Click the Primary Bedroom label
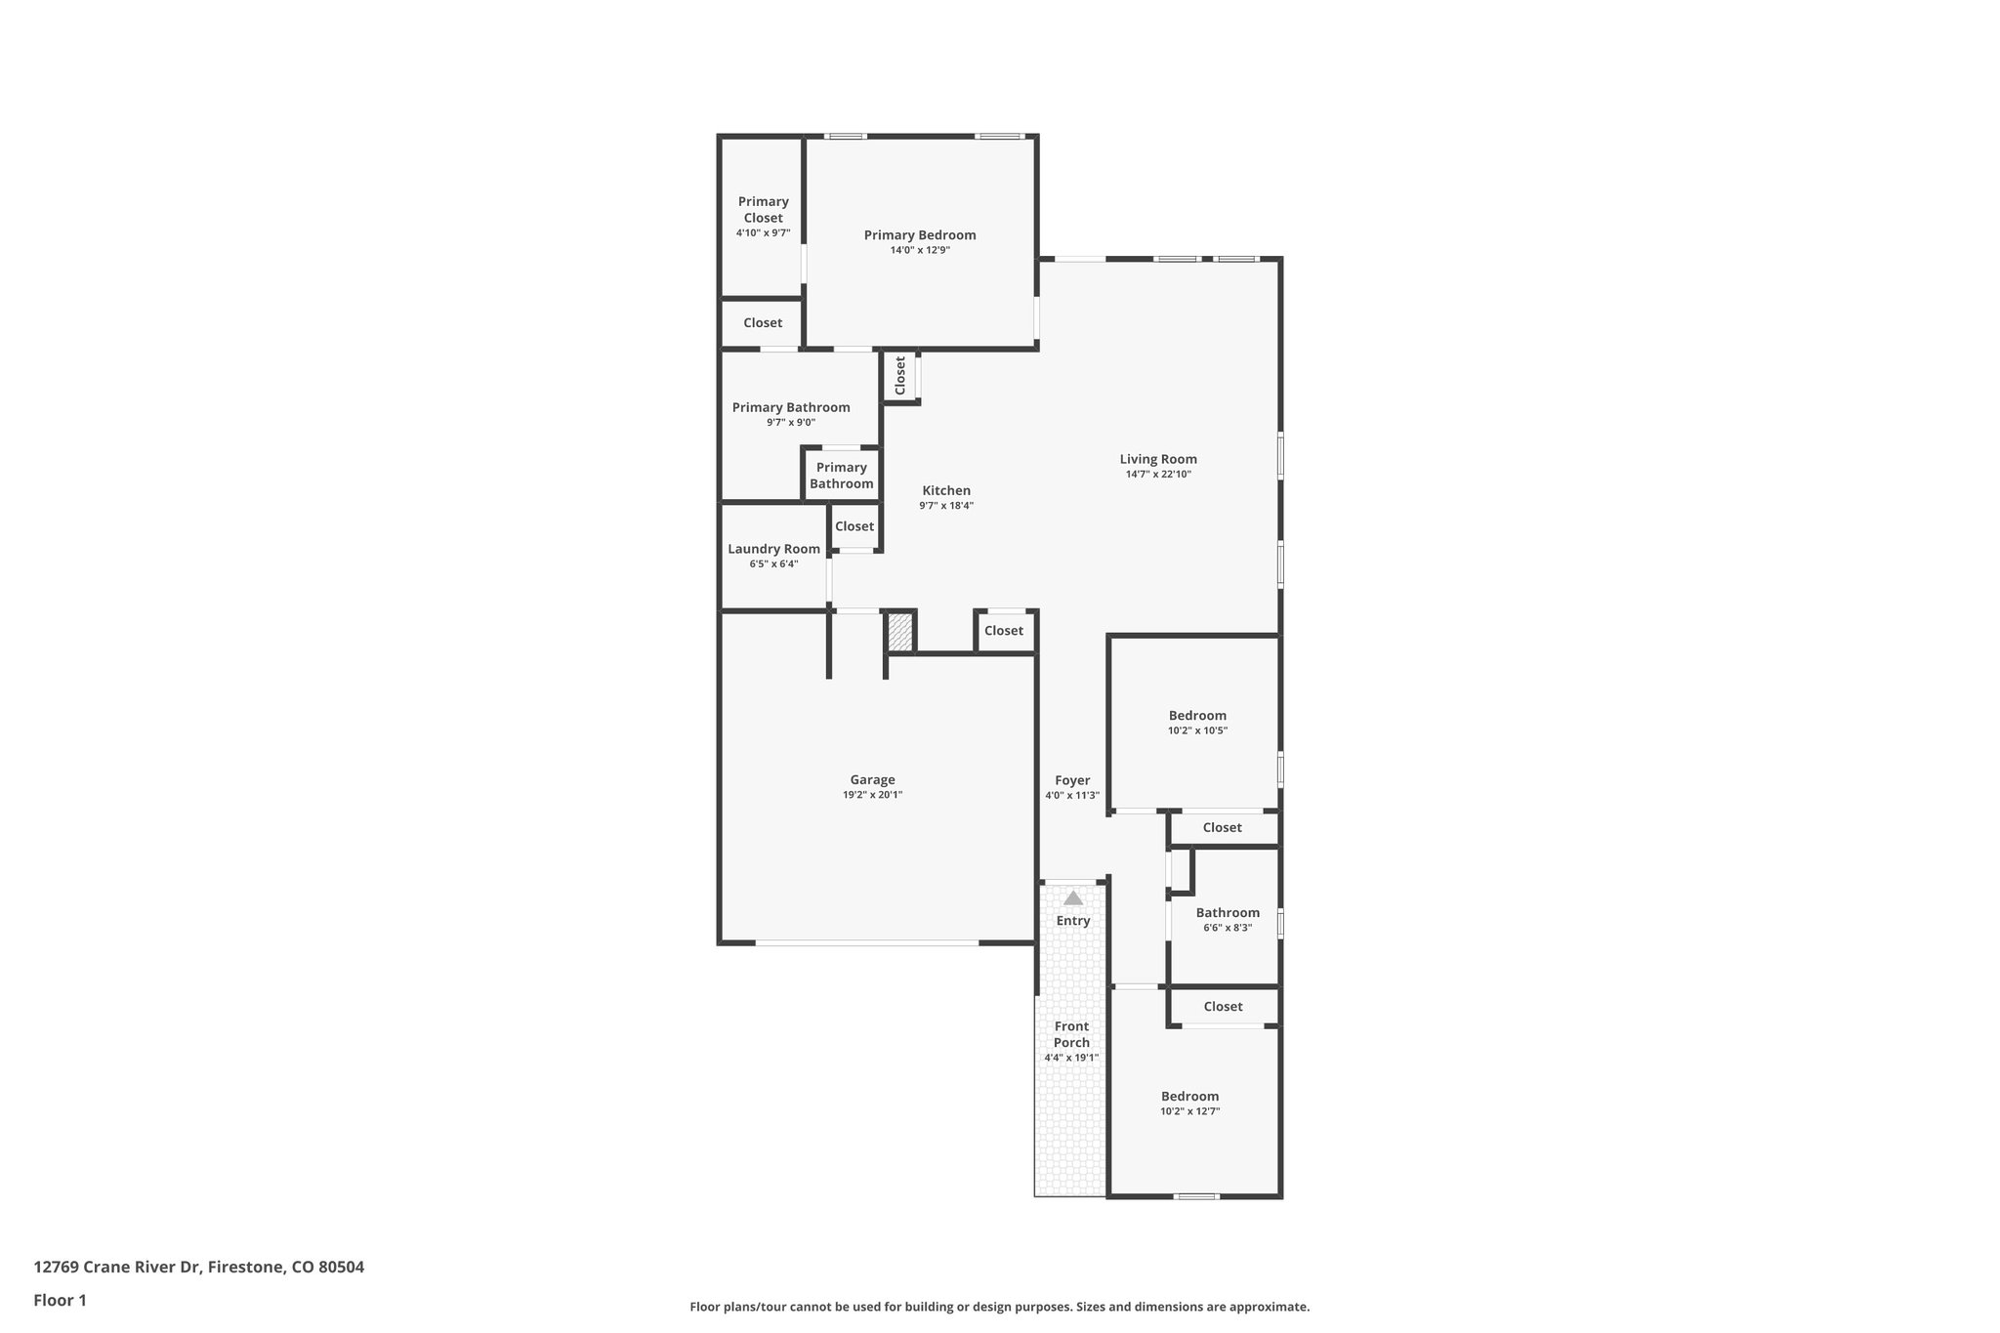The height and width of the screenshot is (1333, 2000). click(x=919, y=235)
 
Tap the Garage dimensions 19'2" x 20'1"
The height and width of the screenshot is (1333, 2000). click(x=872, y=795)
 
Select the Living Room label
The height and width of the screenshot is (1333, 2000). click(x=1157, y=459)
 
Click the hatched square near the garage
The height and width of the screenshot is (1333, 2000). click(x=899, y=632)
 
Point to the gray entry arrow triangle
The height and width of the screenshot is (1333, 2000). click(x=1073, y=898)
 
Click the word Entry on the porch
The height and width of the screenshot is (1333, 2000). click(x=1072, y=921)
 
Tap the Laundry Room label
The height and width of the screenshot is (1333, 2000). click(x=773, y=549)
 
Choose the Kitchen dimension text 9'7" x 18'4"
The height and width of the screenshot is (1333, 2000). click(x=945, y=506)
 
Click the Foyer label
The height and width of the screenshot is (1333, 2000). click(x=1071, y=780)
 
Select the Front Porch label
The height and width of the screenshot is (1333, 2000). click(x=1071, y=1034)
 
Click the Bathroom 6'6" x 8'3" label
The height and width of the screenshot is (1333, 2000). click(x=1228, y=913)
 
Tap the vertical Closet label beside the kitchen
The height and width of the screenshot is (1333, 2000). click(x=900, y=375)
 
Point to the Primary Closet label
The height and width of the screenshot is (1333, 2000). click(x=763, y=209)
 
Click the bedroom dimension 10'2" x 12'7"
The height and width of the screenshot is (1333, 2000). click(x=1189, y=1111)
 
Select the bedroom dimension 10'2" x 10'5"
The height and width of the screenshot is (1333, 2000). click(x=1197, y=730)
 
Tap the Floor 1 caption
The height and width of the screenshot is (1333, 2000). click(x=60, y=1301)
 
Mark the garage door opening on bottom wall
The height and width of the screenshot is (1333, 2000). click(x=866, y=942)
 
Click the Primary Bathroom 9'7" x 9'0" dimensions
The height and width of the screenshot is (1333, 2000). click(x=790, y=423)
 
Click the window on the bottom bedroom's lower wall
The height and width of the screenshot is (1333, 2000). click(x=1195, y=1196)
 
